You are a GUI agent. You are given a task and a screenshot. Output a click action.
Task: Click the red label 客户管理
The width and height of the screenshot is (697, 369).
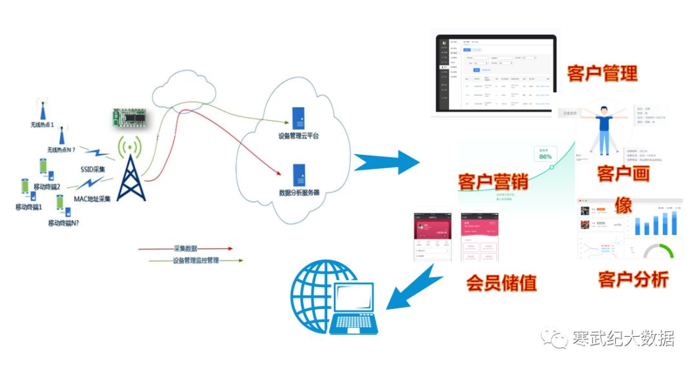pyautogui.click(x=602, y=73)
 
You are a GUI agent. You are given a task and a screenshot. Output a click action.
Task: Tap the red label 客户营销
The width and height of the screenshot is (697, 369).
pyautogui.click(x=493, y=181)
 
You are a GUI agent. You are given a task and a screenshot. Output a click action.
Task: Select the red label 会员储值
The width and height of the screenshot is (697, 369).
pyautogui.click(x=501, y=283)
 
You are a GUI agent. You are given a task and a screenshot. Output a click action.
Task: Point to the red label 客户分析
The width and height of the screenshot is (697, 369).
pyautogui.click(x=632, y=279)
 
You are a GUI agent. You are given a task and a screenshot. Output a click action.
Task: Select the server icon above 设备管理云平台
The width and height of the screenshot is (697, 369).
pyautogui.click(x=298, y=118)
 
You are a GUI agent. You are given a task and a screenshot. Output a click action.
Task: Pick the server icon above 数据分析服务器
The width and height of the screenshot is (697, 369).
pyautogui.click(x=299, y=175)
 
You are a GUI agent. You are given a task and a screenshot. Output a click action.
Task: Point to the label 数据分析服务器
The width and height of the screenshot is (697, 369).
pyautogui.click(x=299, y=192)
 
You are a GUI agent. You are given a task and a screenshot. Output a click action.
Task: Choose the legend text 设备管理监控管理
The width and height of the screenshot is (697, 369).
pyautogui.click(x=196, y=261)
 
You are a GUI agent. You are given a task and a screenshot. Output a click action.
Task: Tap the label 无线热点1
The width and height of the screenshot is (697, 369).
pyautogui.click(x=43, y=124)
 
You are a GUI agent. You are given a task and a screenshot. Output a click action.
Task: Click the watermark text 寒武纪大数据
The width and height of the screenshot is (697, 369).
pyautogui.click(x=623, y=338)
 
